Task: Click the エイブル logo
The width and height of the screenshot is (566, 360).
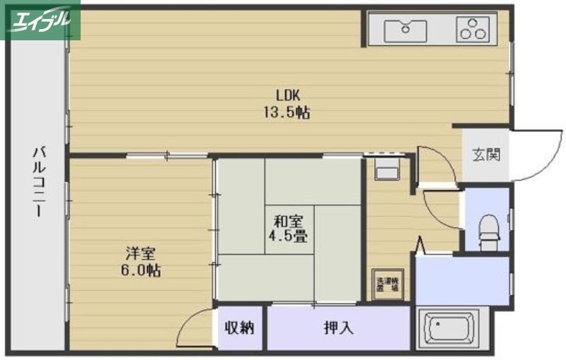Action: (x=40, y=20)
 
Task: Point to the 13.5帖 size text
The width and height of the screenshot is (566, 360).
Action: (x=287, y=112)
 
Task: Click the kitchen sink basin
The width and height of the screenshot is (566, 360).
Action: (x=406, y=30)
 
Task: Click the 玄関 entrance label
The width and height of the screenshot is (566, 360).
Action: (x=486, y=153)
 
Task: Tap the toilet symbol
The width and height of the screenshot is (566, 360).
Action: (x=488, y=228)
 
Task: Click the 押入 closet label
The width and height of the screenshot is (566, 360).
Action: (x=338, y=327)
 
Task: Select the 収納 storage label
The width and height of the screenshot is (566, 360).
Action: (x=240, y=327)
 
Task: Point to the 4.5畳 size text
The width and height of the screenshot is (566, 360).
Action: (x=287, y=235)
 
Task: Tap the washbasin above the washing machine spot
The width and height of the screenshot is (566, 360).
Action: (x=387, y=170)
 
